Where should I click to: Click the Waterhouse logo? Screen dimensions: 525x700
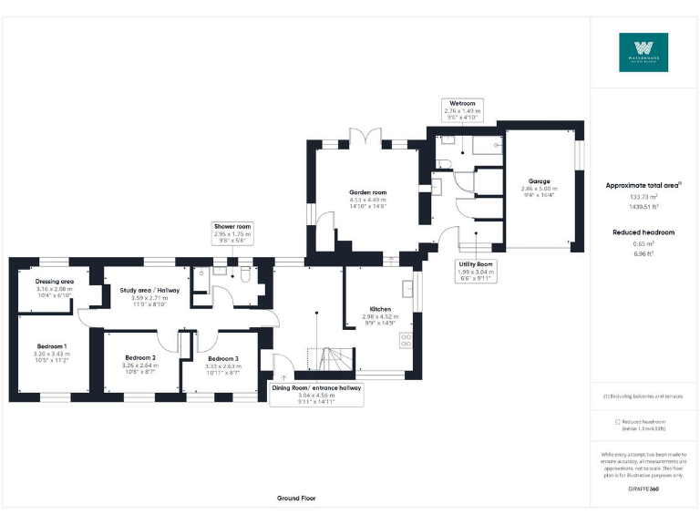tap(643, 53)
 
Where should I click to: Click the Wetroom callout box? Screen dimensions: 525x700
tap(462, 110)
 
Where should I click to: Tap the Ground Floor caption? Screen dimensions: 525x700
tap(297, 499)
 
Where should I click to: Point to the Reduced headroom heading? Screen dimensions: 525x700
tap(643, 232)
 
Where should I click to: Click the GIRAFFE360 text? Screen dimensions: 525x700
tap(643, 489)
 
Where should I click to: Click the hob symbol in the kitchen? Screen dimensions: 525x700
tap(406, 342)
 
